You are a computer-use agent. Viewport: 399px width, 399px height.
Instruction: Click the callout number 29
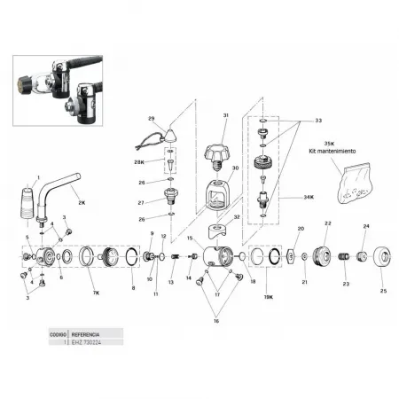click(152, 119)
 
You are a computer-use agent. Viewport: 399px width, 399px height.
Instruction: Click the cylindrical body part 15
click(219, 259)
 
